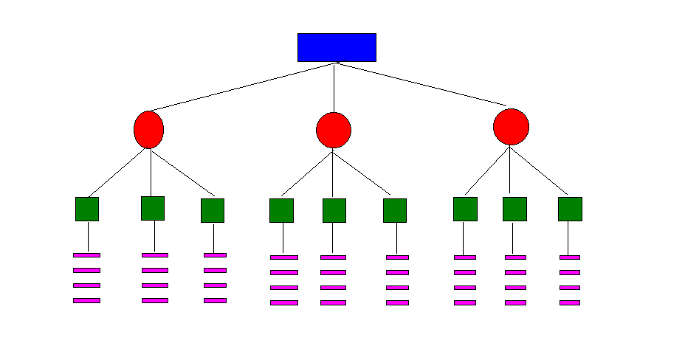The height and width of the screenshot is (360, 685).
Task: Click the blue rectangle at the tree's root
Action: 337,47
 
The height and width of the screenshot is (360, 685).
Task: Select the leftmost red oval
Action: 148,130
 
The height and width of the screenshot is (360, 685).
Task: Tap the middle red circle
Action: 334,130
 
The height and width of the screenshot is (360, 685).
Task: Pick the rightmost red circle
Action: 511,127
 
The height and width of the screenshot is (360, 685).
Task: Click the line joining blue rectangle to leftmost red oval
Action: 242,86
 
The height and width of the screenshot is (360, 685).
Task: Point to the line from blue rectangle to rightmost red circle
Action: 421,84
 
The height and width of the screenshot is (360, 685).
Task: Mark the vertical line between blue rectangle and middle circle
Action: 334,87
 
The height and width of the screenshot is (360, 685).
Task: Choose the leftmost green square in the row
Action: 87,209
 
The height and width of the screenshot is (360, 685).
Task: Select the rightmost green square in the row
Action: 570,209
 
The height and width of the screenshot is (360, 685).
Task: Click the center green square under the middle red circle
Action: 334,210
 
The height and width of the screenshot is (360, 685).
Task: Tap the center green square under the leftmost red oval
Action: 153,208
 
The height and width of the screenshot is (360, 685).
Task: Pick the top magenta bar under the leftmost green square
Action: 86,255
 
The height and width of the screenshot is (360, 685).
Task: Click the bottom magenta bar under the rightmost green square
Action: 570,302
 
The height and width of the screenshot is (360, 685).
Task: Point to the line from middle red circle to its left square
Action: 307,173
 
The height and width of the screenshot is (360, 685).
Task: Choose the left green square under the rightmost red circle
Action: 465,209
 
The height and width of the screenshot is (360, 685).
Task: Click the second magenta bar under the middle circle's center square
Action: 333,272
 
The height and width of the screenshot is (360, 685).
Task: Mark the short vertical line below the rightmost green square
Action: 568,238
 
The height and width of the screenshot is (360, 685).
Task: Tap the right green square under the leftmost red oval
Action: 213,210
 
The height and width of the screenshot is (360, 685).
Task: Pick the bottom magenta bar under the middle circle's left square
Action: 284,302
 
